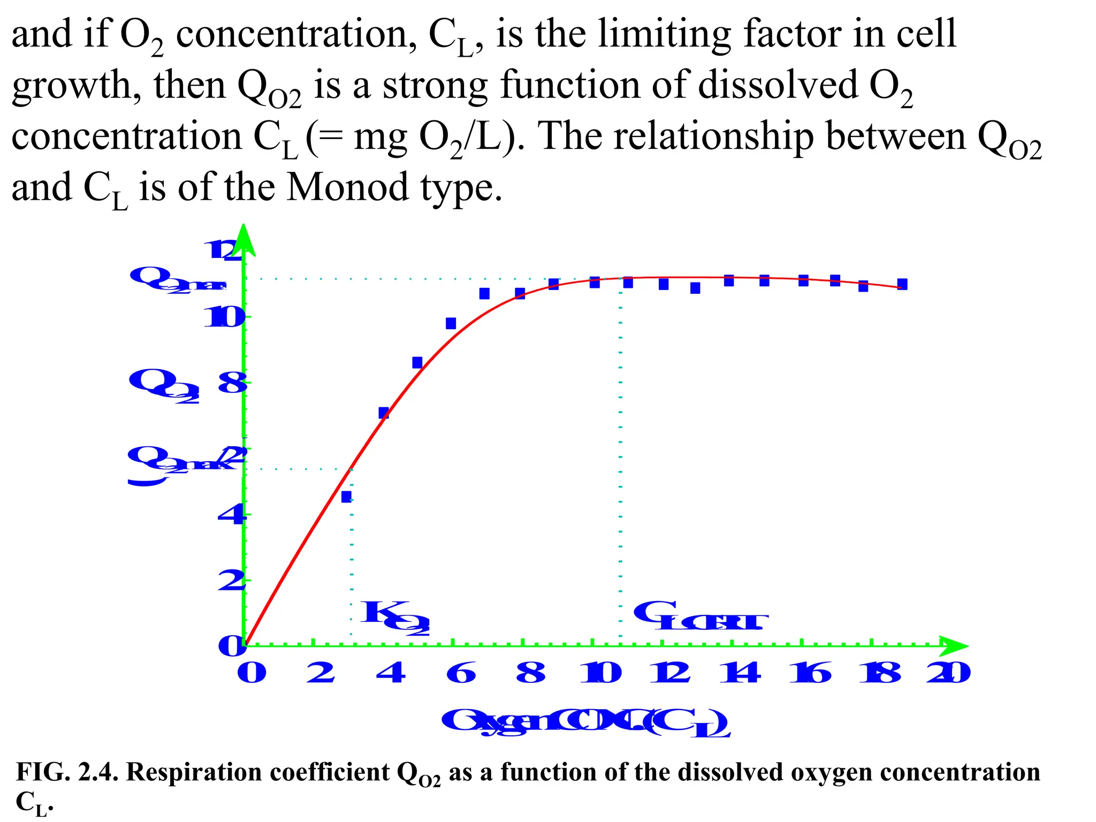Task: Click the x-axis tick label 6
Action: click(461, 673)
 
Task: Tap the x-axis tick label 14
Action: click(740, 673)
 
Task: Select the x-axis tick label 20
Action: click(949, 673)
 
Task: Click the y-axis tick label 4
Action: click(232, 515)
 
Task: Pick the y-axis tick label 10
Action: click(225, 318)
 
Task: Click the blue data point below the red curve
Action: click(346, 497)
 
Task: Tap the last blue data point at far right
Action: click(902, 284)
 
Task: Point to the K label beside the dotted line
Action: click(395, 616)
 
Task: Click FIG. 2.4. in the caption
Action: click(68, 772)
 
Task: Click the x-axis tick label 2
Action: click(321, 673)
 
